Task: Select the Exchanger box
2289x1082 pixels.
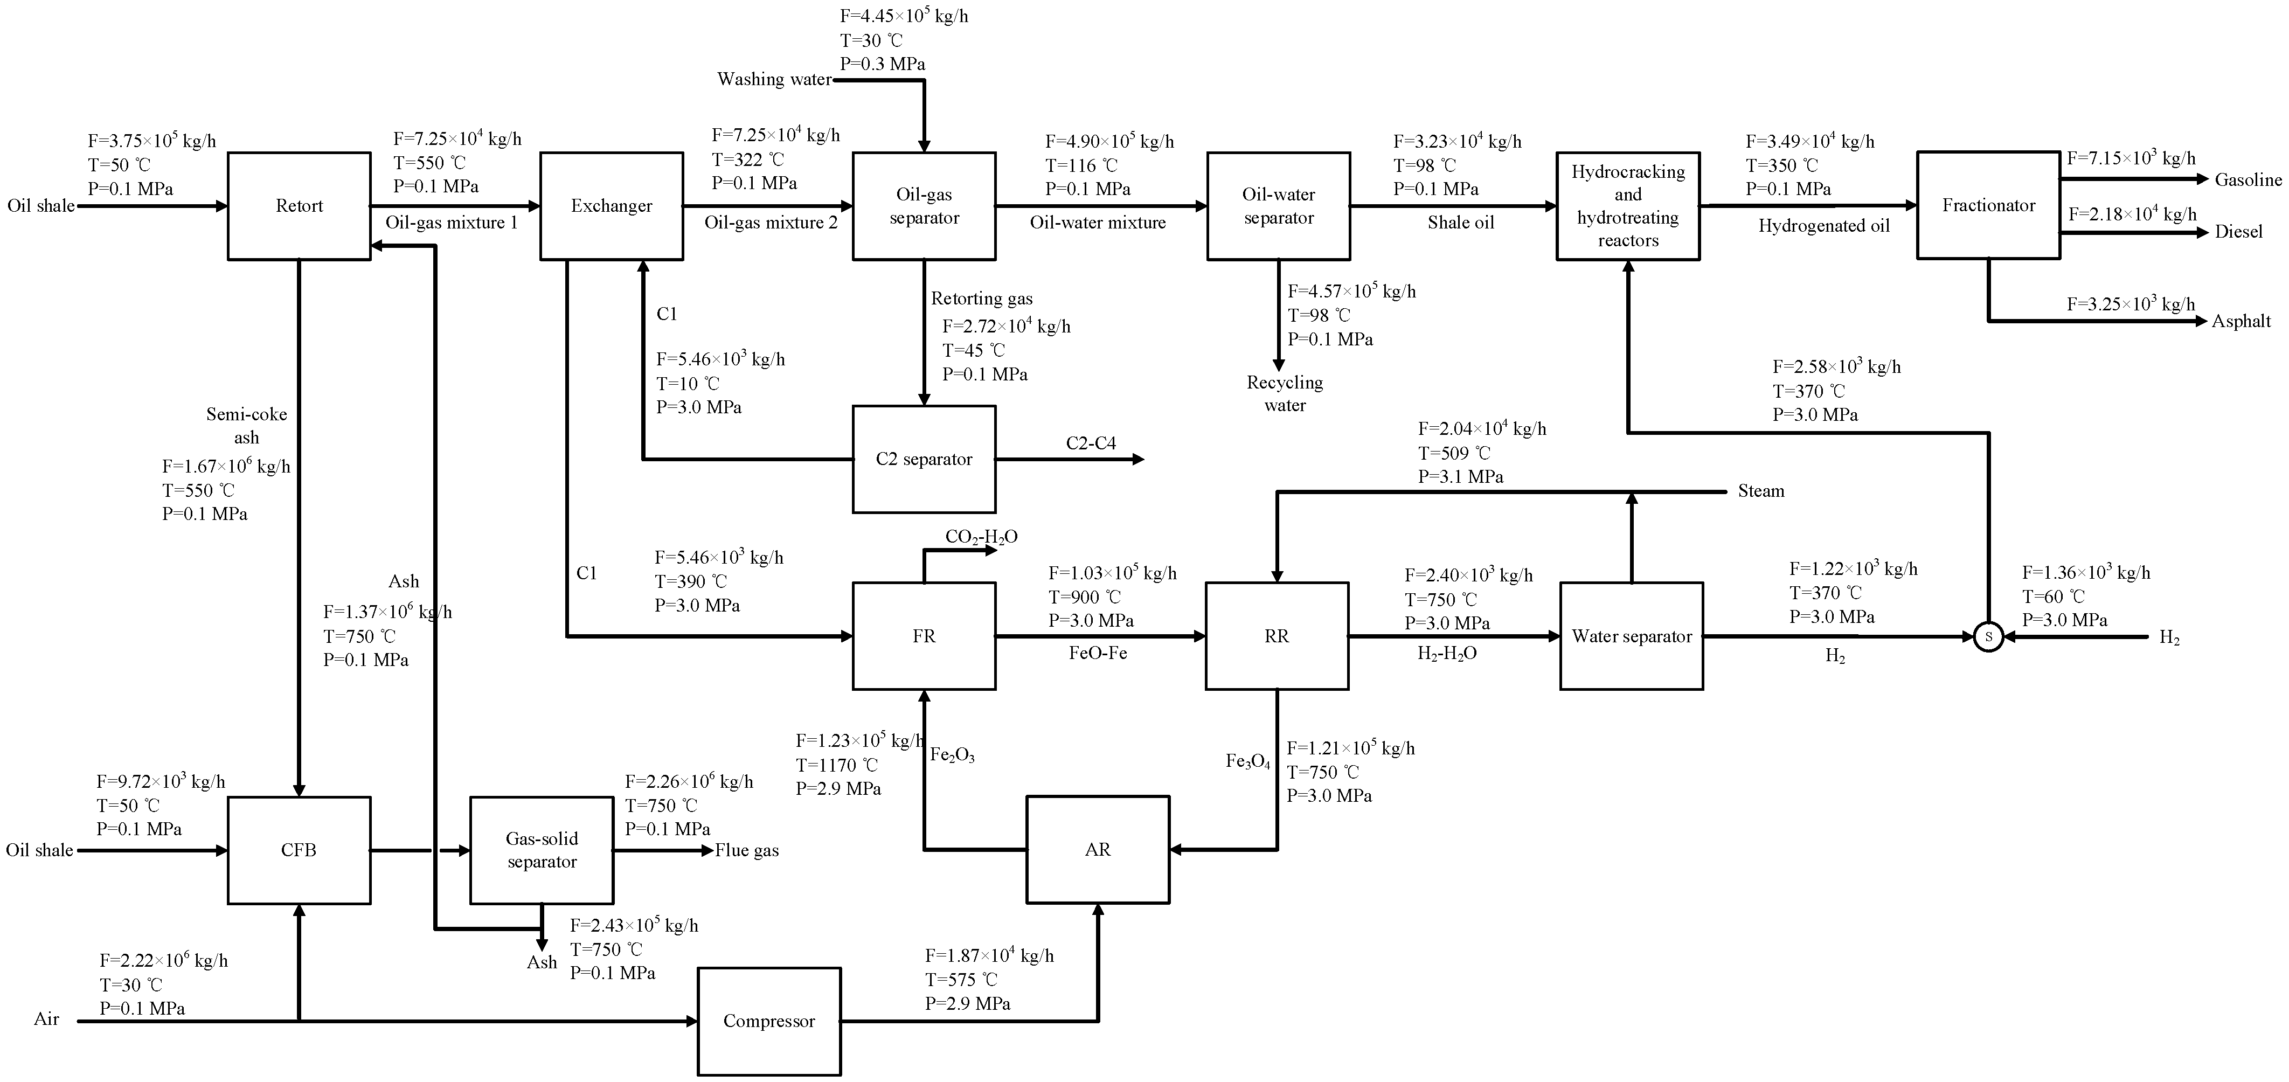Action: coord(612,206)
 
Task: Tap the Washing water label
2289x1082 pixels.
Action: coord(774,80)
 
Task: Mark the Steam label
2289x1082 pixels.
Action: coord(1760,491)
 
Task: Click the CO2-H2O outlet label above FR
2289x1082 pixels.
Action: coord(981,537)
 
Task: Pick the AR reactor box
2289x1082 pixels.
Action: coord(1098,850)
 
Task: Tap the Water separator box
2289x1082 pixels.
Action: coord(1632,636)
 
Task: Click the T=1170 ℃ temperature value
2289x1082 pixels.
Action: coord(836,765)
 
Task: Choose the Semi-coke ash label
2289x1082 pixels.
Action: coord(246,426)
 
